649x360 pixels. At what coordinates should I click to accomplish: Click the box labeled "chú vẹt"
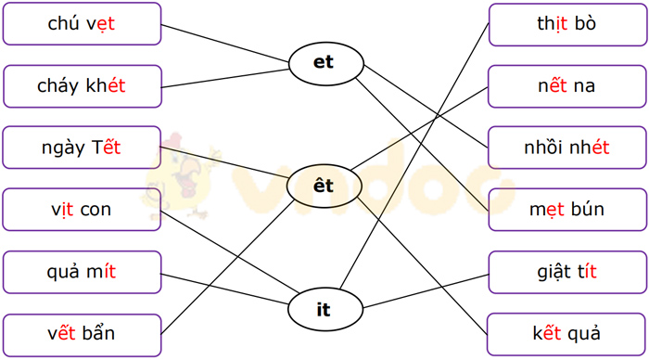click(x=82, y=24)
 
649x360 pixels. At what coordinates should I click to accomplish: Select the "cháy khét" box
click(x=82, y=86)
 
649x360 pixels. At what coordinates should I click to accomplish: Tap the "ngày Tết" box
click(x=82, y=148)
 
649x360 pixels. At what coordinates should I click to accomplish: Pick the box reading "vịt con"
click(x=82, y=210)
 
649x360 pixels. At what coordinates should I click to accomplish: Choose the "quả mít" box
click(x=82, y=272)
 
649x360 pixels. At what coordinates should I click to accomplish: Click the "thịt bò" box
click(x=566, y=24)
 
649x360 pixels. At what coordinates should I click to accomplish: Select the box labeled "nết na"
click(x=566, y=86)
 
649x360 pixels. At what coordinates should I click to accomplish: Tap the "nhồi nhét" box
click(x=566, y=148)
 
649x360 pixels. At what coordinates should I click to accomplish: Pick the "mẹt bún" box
click(x=566, y=210)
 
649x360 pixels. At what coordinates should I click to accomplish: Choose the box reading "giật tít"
click(x=566, y=272)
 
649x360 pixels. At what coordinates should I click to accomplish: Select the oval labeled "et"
click(x=324, y=63)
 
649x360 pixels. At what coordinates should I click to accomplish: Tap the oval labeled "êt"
click(x=324, y=186)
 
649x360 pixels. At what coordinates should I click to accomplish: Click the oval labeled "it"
click(x=324, y=310)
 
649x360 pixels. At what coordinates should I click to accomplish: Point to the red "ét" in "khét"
click(x=115, y=86)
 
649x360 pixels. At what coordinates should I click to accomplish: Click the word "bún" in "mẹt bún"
click(x=586, y=210)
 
